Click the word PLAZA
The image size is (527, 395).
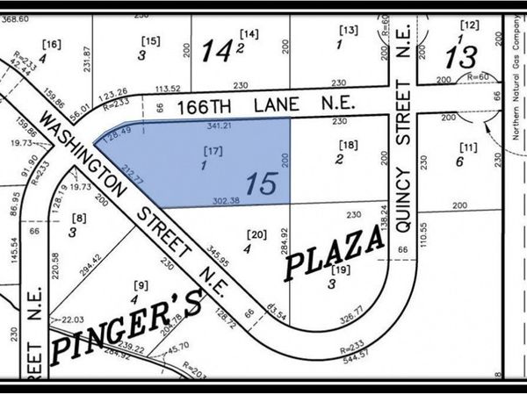point(335,251)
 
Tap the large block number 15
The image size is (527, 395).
point(262,184)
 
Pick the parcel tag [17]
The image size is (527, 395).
point(209,151)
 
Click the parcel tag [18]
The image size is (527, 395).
point(349,145)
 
